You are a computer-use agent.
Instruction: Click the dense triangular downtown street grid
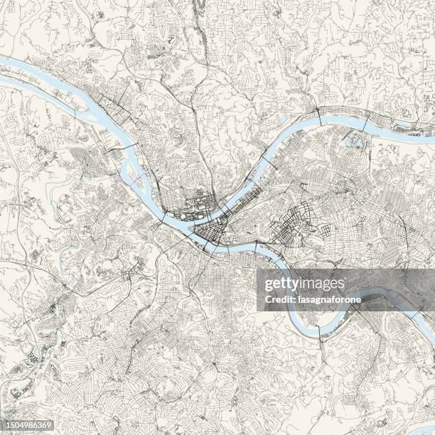[x=210, y=232]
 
